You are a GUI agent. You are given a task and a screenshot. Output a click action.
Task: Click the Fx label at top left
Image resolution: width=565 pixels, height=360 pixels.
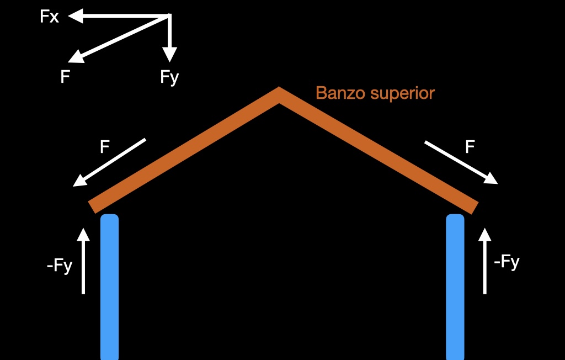coord(49,17)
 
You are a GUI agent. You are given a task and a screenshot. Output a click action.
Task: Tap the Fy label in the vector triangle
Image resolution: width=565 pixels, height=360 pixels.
coord(169,77)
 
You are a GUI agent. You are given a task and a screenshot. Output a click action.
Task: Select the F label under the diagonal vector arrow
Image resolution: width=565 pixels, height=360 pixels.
coord(65,77)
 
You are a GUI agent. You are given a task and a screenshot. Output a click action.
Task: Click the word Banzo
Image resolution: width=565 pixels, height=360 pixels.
coord(340,93)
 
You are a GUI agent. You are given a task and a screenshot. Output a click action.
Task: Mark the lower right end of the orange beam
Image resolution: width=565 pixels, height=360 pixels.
coord(473,207)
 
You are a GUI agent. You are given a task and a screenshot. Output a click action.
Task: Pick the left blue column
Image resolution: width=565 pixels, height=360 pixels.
coord(110,287)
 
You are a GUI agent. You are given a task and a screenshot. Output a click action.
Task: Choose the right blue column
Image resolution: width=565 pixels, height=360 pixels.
coord(455,287)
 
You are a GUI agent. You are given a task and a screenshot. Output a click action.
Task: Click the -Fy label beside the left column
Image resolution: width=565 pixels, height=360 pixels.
coord(60,267)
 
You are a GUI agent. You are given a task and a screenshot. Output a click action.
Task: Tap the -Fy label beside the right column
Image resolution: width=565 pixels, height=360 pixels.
coord(507,262)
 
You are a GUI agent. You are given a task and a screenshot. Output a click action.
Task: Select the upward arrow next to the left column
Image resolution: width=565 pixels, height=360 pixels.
coord(83,261)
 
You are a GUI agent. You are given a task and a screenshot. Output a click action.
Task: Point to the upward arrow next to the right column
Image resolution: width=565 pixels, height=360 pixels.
coord(485,261)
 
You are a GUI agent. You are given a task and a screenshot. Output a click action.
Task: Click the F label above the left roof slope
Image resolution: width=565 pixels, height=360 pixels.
coord(104,147)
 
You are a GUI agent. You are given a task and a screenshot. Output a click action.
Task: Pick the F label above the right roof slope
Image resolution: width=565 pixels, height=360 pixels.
coord(470,147)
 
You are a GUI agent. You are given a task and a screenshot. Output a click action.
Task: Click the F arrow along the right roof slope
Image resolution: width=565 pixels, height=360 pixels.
coord(461,162)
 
